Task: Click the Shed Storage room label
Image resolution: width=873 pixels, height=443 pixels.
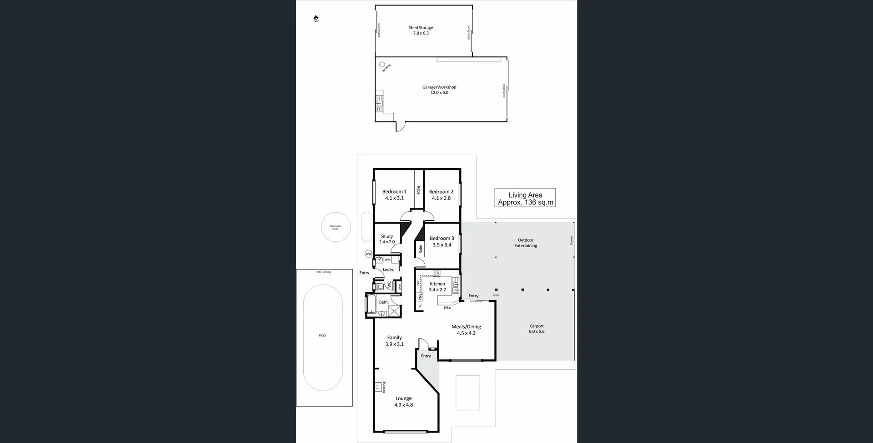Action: pos(421,31)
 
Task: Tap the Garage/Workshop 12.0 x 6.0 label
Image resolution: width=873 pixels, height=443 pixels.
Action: pos(439,90)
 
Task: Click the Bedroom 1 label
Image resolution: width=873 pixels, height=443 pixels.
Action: pos(394,195)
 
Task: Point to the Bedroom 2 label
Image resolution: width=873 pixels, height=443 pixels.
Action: pos(441,195)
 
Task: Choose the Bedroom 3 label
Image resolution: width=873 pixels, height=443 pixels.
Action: pos(442,241)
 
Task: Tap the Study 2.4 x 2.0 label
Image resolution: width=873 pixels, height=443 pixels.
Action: pos(387,239)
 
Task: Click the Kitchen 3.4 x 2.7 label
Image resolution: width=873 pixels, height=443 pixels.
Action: pos(437,286)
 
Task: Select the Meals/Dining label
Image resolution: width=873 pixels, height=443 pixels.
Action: pos(466,330)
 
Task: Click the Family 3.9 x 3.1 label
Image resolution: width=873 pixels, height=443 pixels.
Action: pos(394,341)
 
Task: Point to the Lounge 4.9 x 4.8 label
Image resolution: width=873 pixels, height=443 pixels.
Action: pos(403,402)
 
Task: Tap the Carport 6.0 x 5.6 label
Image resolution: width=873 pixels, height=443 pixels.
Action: pos(537,329)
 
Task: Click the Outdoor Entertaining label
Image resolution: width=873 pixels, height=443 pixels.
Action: pos(526,243)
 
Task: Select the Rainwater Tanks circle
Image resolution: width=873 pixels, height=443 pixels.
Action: pos(336,227)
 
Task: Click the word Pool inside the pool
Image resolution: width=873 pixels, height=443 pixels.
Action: pos(322,335)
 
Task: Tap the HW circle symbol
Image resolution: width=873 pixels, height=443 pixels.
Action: pos(368,254)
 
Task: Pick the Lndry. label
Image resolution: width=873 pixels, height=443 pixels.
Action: pos(388,270)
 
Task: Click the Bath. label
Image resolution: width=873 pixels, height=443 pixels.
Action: pos(384,302)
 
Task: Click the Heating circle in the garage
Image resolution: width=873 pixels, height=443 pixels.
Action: pos(382,65)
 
